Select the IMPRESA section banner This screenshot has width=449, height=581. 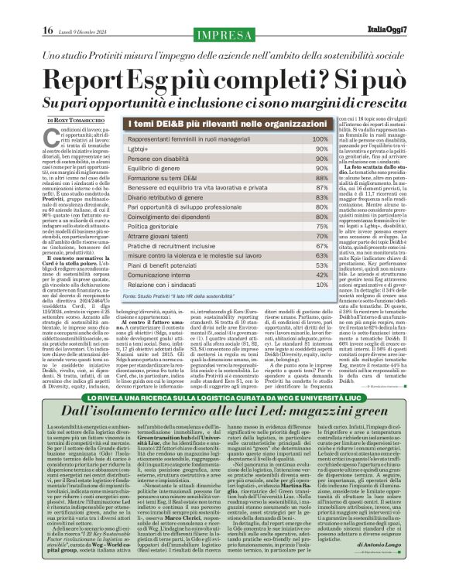(224, 34)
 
